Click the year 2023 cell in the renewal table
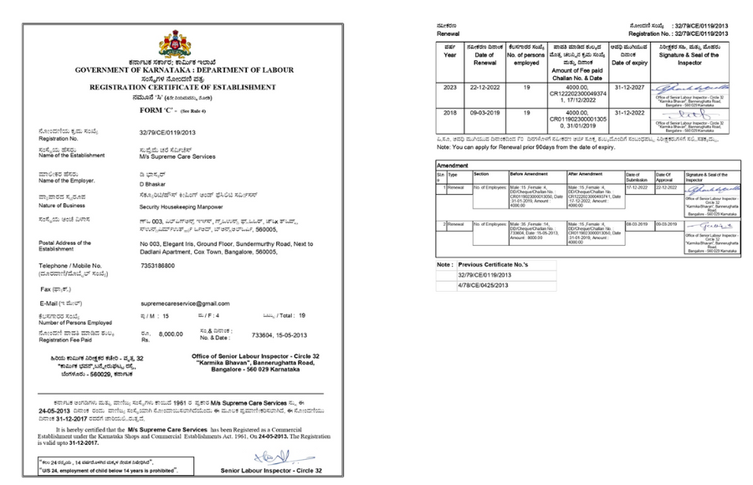(449, 86)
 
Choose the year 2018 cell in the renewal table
(449, 110)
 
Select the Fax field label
(51, 288)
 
